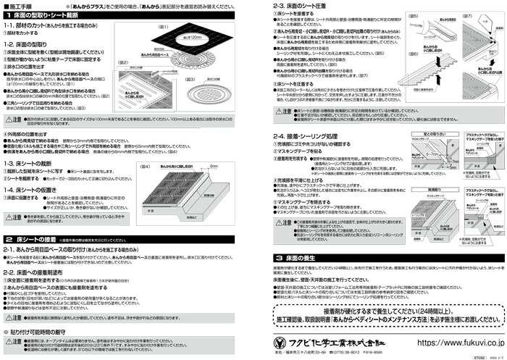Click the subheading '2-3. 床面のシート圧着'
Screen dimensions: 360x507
293,6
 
